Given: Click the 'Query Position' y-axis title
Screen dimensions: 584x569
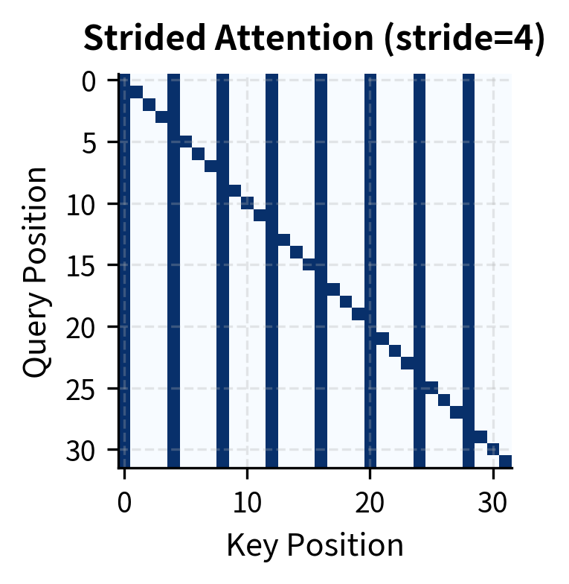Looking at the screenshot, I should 35,272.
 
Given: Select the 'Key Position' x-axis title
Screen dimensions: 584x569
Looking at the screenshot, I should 315,546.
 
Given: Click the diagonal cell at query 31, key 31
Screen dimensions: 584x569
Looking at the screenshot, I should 506,461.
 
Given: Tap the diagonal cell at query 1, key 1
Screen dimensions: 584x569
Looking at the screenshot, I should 137,92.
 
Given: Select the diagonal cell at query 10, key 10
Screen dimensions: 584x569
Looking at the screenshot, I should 247,203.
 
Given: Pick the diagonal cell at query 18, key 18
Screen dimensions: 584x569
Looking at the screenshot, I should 346,302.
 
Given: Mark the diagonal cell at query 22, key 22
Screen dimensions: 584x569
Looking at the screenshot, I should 395,351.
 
